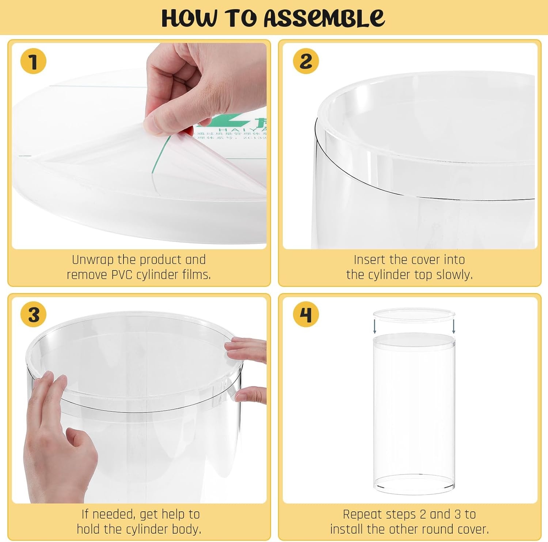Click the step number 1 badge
[x=33, y=61]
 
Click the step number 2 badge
[x=306, y=61]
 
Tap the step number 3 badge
[x=33, y=314]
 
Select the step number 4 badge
[x=306, y=314]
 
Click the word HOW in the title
[x=189, y=18]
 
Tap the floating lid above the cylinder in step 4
[x=414, y=315]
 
